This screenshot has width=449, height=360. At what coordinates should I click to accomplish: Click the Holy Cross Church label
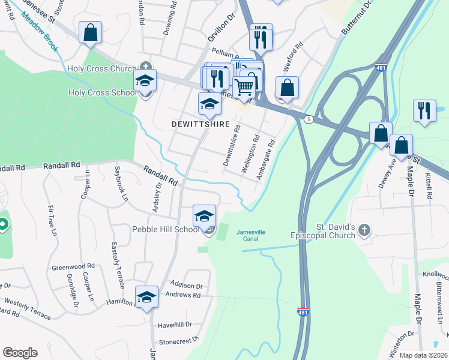pos(101,68)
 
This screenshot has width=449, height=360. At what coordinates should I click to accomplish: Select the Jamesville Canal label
pos(250,236)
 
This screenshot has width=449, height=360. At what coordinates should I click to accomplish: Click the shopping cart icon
pos(244,88)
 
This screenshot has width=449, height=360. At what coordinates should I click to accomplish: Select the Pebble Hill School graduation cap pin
pos(204,215)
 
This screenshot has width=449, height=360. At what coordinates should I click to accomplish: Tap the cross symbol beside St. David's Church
pos(365,231)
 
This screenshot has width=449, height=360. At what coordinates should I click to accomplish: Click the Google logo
pos(20,353)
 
